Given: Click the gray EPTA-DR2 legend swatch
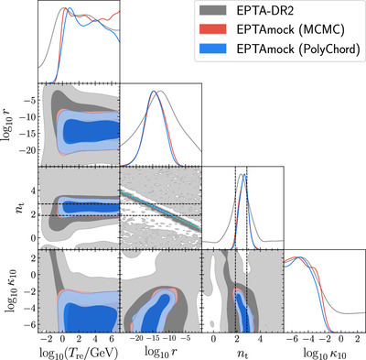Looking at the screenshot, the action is (x=213, y=10).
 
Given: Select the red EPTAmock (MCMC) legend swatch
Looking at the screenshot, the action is (x=213, y=29).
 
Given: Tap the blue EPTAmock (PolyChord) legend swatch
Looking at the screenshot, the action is (x=213, y=49).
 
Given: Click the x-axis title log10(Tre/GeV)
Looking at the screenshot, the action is (x=79, y=352).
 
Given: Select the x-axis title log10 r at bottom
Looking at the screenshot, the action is (x=161, y=353).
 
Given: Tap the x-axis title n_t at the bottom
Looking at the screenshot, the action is (x=242, y=353).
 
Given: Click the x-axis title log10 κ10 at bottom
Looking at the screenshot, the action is (x=325, y=353).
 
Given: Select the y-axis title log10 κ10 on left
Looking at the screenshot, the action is (x=11, y=291).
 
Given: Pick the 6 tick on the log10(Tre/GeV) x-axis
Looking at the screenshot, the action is (x=112, y=338).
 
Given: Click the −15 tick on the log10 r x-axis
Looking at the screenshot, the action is (x=154, y=338).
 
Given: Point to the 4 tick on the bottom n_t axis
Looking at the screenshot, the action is (x=260, y=338).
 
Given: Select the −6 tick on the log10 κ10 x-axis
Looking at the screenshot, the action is (x=293, y=338).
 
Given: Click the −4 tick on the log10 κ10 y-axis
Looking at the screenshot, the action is (x=31, y=308).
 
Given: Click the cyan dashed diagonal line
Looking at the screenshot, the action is (x=161, y=210).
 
